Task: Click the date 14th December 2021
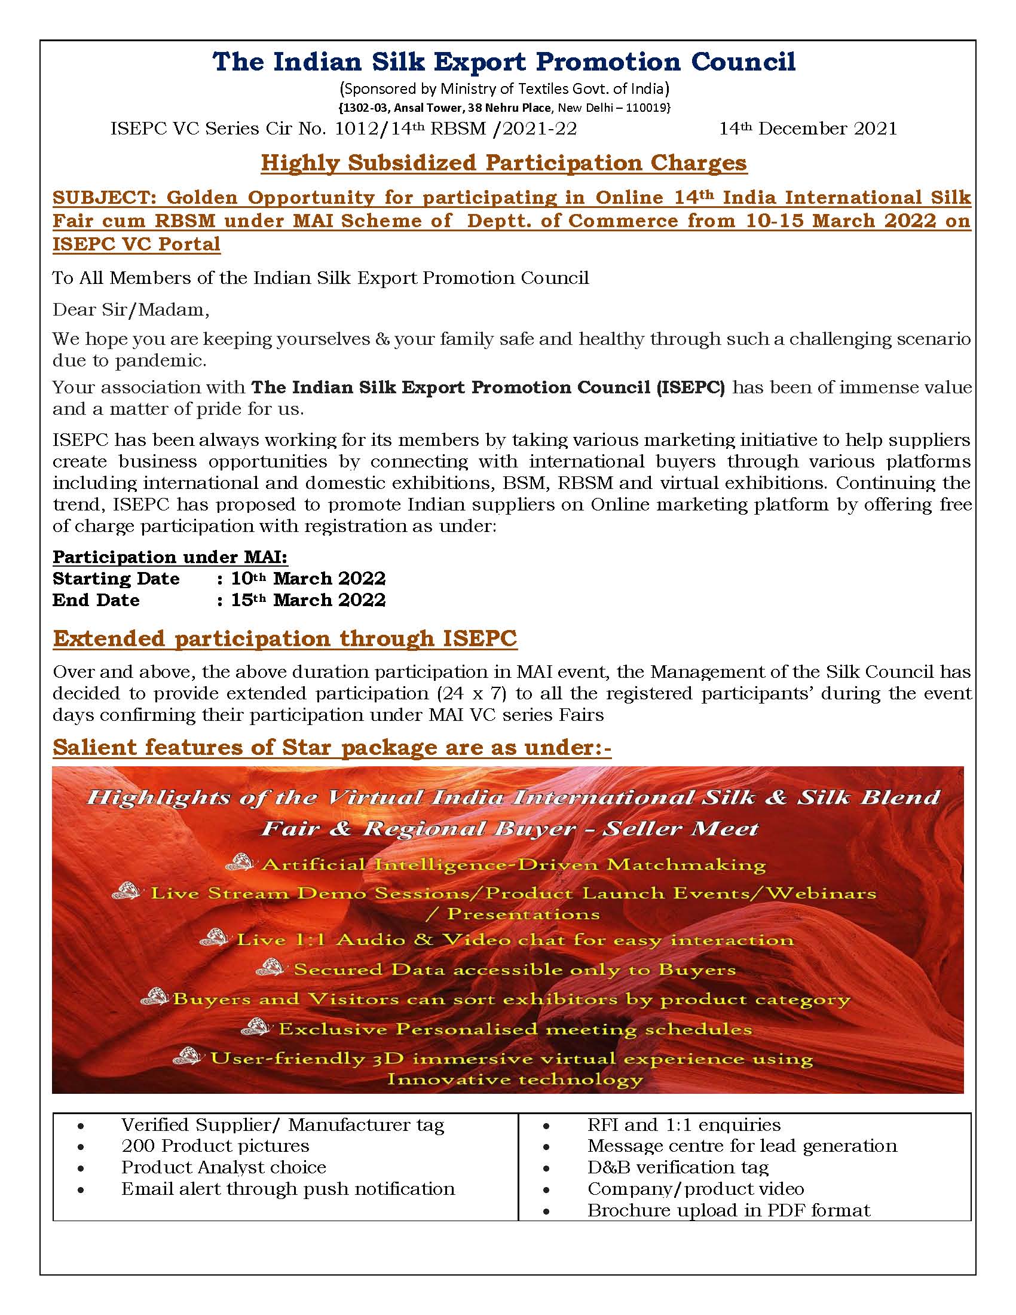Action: click(808, 129)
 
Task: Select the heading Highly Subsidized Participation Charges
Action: click(504, 163)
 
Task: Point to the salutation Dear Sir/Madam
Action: click(131, 310)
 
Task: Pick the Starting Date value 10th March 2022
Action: click(308, 579)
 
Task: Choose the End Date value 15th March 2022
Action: click(308, 600)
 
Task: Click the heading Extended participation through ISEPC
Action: click(284, 638)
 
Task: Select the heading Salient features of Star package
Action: click(332, 747)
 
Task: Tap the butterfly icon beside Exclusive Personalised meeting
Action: click(255, 1026)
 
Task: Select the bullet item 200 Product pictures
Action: click(215, 1145)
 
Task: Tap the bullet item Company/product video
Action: click(695, 1188)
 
